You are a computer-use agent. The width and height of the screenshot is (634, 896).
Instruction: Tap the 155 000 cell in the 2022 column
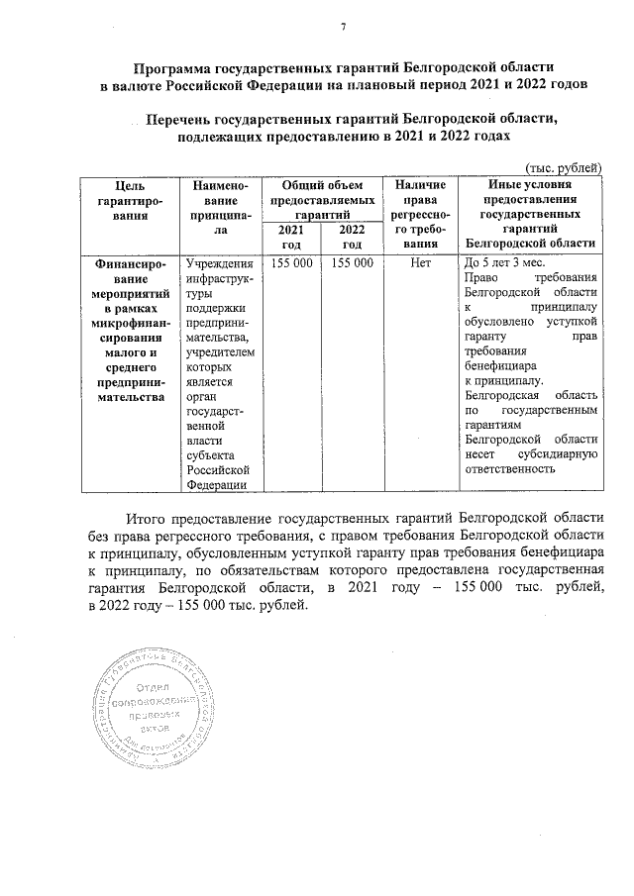(x=352, y=263)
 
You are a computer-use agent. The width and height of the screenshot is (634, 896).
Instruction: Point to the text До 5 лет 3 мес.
(x=503, y=263)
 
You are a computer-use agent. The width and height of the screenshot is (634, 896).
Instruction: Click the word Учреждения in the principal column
(x=219, y=263)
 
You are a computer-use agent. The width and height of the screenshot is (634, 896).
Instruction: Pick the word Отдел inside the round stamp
(x=156, y=686)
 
